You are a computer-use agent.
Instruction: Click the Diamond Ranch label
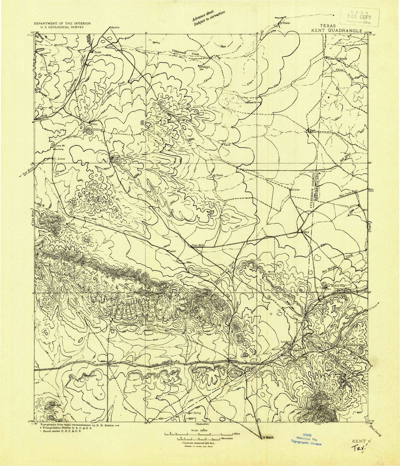337,59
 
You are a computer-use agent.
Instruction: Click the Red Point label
256,260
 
